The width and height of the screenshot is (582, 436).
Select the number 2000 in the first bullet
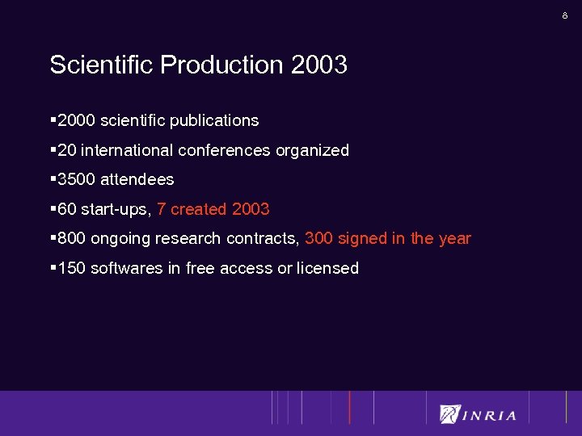point(77,120)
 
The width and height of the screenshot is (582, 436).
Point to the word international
point(128,150)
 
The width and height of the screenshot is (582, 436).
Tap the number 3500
point(77,179)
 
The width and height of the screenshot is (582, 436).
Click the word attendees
point(137,179)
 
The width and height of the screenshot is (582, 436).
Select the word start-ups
point(116,210)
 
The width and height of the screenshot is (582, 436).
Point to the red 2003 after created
point(251,209)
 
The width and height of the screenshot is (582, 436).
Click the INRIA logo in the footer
point(478,415)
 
